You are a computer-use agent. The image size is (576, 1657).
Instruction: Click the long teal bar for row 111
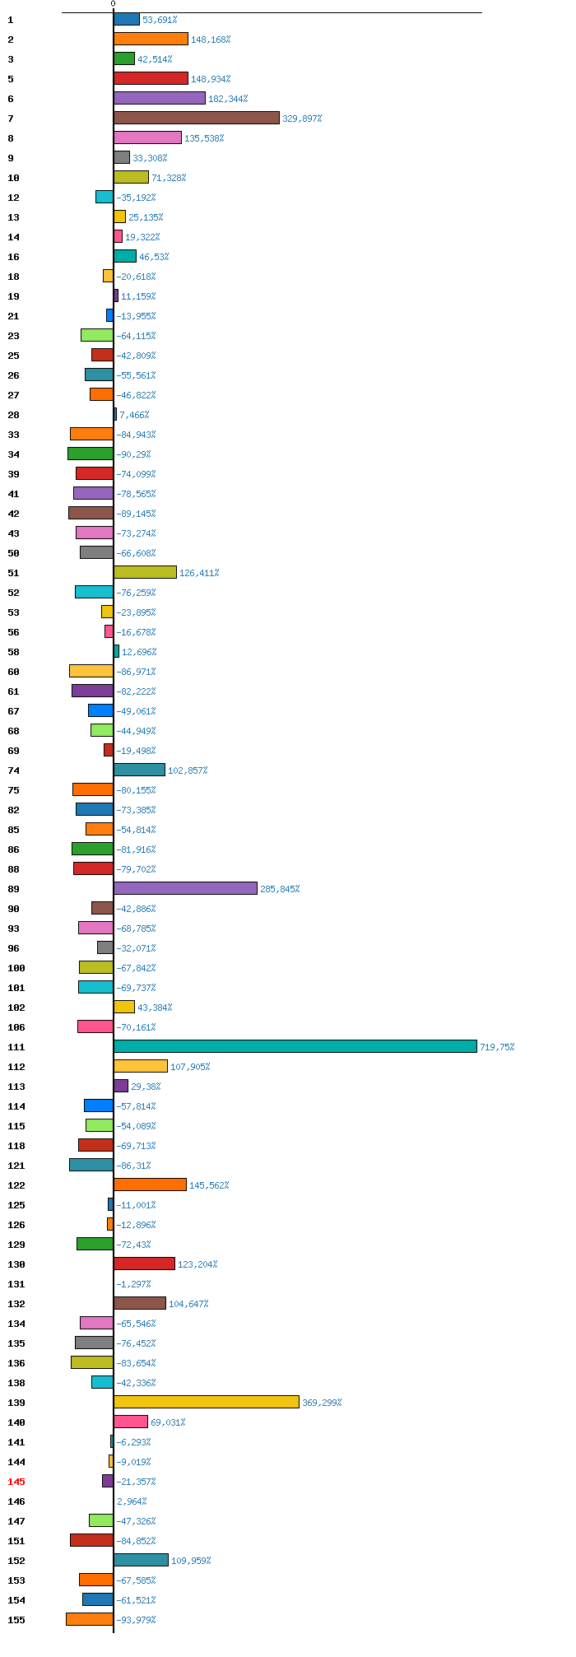point(295,1046)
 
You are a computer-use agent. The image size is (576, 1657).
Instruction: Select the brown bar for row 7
point(197,118)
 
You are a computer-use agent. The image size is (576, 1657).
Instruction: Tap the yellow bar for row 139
point(207,1402)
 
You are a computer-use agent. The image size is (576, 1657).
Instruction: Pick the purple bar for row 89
point(185,888)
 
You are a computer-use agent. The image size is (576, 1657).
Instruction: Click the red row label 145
point(16,1482)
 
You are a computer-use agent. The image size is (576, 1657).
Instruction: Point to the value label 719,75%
point(498,1047)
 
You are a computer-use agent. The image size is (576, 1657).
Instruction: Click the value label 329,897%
point(302,119)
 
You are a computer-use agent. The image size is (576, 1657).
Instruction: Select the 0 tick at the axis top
point(114,4)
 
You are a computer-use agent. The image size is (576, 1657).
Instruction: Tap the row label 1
point(11,20)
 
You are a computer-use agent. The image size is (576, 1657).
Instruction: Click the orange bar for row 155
point(90,1619)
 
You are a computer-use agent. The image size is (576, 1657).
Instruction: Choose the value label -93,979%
point(136,1620)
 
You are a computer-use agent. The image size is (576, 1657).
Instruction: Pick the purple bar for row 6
point(160,98)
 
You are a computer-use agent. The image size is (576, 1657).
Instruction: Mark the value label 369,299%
point(322,1403)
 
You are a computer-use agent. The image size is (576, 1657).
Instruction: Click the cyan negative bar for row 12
point(105,197)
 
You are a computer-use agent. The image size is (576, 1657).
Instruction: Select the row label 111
point(16,1047)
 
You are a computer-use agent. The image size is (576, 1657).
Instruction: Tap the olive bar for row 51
point(145,572)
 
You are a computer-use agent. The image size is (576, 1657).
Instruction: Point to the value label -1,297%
point(133,1284)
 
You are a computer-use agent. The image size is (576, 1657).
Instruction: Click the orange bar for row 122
point(150,1185)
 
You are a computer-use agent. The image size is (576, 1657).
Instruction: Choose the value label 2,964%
point(132,1501)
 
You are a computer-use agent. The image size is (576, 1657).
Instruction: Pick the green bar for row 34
point(91,454)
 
